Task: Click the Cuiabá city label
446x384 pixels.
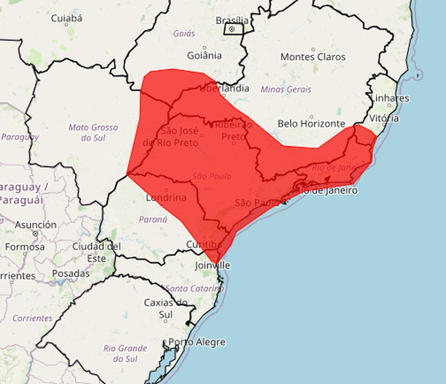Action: (x=67, y=19)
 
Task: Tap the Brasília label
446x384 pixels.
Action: (x=232, y=20)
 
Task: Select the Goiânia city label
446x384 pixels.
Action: (x=204, y=55)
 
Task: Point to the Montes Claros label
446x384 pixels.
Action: (x=313, y=57)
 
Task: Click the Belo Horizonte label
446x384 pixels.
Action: (x=311, y=123)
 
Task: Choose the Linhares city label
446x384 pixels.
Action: (x=389, y=98)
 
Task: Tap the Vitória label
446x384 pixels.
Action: (x=384, y=118)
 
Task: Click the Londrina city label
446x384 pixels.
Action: (x=166, y=198)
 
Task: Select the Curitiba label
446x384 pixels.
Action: (x=204, y=244)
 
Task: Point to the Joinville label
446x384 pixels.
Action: (x=213, y=265)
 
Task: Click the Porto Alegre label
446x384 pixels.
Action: (x=197, y=342)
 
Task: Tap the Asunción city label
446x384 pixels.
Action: (x=36, y=224)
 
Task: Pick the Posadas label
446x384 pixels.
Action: (x=71, y=273)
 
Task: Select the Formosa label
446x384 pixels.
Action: (x=25, y=247)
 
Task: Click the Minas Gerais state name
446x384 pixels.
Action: (x=286, y=89)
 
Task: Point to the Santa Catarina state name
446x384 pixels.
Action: (x=194, y=288)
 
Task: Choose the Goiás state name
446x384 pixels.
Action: (x=184, y=33)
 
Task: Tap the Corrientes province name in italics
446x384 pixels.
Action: (x=32, y=318)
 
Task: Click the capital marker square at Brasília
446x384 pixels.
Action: (x=232, y=29)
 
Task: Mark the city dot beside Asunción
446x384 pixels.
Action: (x=35, y=233)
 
